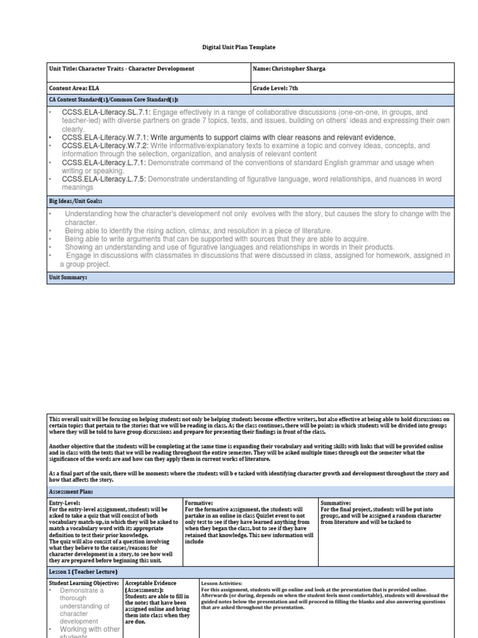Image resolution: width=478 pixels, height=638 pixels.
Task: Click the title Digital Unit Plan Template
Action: (x=239, y=47)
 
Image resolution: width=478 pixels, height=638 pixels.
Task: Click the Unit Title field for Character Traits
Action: (x=122, y=69)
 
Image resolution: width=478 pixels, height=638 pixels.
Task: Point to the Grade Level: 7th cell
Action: (x=276, y=88)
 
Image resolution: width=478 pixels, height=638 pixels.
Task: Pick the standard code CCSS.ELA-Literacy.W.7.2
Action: (x=101, y=146)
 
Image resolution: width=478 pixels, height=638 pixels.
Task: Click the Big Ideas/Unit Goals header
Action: (x=75, y=201)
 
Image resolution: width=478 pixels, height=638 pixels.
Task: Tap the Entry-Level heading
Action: (x=65, y=502)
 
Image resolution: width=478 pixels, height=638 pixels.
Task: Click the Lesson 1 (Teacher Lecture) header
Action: (x=83, y=571)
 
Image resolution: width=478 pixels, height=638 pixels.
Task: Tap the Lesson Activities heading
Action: (x=222, y=583)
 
